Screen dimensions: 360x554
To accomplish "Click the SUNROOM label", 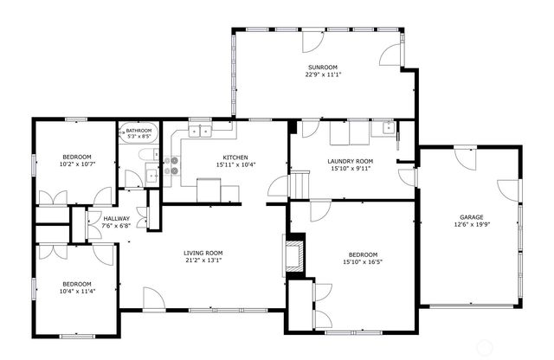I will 322,67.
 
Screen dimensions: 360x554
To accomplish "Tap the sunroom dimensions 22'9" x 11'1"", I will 322,75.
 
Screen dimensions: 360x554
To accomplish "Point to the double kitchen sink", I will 202,132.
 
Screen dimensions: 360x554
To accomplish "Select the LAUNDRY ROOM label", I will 350,161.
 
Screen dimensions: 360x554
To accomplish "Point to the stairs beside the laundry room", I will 299,183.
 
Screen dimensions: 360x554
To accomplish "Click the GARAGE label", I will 471,217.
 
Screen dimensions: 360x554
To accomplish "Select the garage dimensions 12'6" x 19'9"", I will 471,225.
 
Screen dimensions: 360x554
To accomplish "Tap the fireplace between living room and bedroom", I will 295,254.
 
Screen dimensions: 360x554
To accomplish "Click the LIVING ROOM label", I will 203,253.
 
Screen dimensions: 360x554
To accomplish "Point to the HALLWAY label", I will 116,218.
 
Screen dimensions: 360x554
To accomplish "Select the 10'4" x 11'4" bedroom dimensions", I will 76,292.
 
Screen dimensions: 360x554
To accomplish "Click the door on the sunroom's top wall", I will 312,39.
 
